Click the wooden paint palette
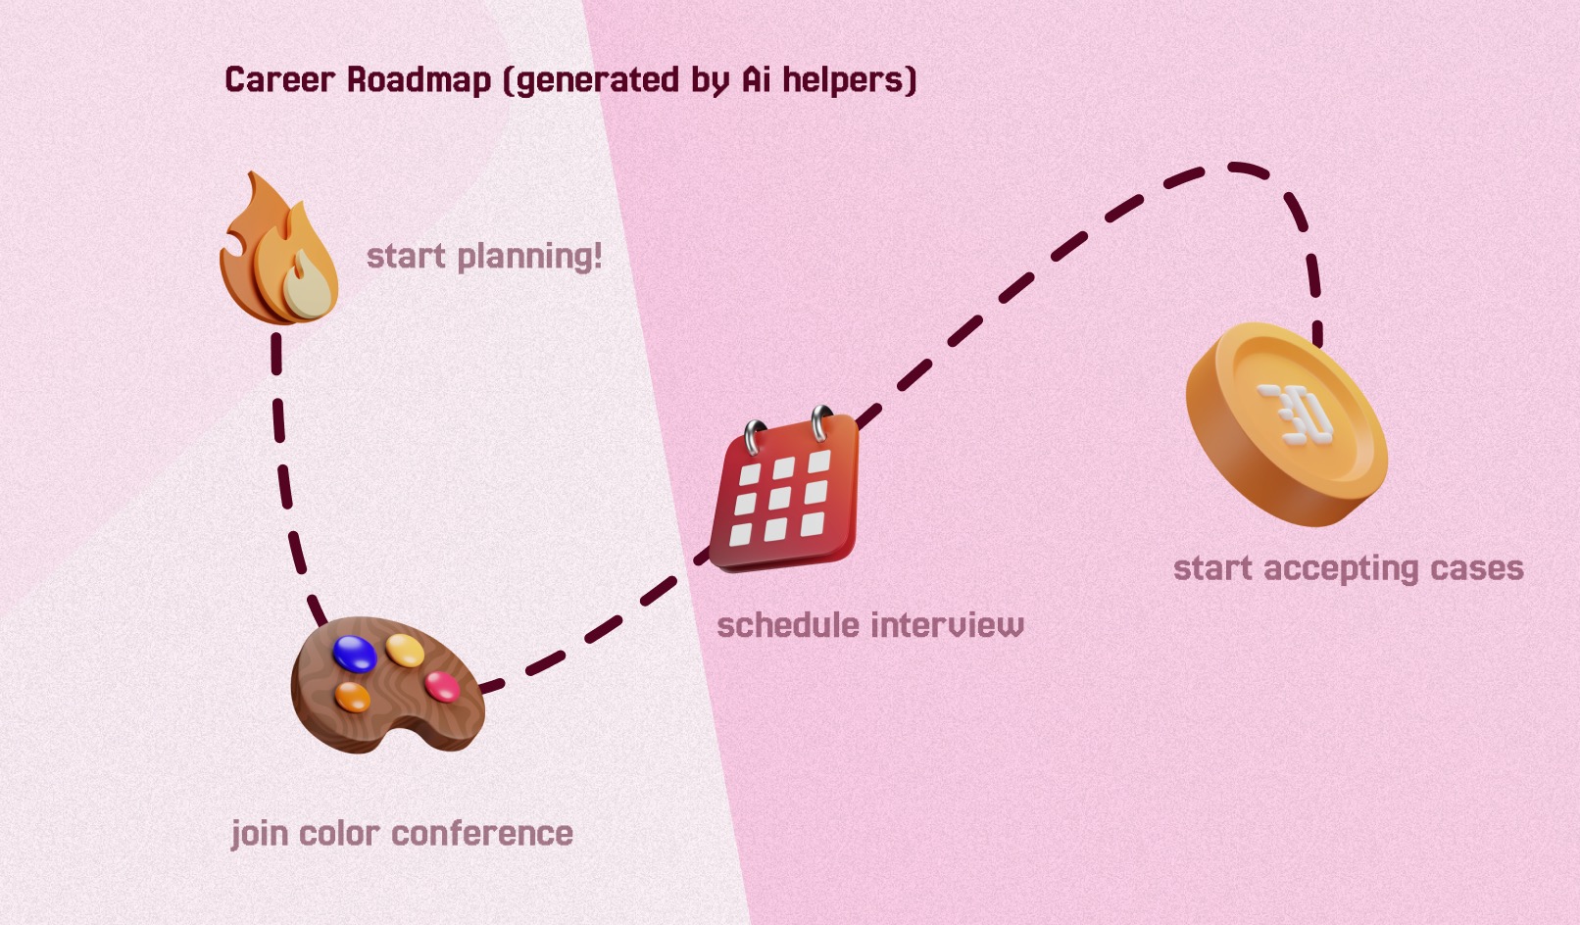tap(386, 686)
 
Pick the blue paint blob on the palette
tap(355, 653)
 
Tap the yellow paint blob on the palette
tap(405, 649)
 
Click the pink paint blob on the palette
tap(442, 685)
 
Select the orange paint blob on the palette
tap(353, 697)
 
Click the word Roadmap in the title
tap(419, 79)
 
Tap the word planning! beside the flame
tap(529, 257)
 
